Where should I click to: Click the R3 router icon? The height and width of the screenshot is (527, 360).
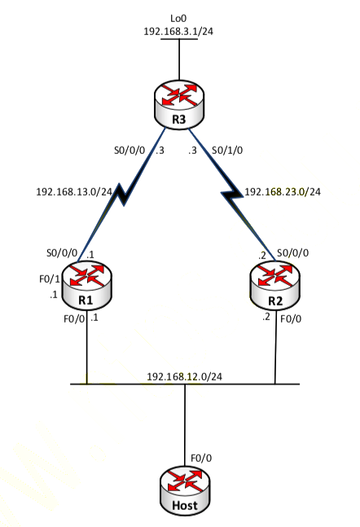coord(179,104)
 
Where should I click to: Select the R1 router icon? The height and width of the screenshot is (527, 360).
coord(87,285)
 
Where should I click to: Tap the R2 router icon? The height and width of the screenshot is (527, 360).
coord(275,285)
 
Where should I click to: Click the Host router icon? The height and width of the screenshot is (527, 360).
coord(185,490)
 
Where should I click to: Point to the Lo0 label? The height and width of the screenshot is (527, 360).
coord(178,18)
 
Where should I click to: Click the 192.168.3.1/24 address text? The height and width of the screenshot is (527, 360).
coord(178,31)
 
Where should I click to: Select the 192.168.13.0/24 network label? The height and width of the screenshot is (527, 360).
coord(74,192)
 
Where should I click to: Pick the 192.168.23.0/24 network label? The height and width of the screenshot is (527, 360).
coord(283,192)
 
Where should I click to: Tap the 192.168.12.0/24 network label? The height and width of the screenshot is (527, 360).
coord(185,376)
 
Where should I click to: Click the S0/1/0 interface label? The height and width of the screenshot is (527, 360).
coord(227,150)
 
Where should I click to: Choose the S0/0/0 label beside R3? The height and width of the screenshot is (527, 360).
coord(130,150)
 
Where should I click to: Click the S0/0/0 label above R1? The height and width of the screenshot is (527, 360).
coord(62,253)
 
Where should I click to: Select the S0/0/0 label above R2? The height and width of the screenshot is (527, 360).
coord(292,253)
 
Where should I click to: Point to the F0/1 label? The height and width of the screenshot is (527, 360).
coord(50,279)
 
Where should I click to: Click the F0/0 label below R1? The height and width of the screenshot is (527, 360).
coord(74,318)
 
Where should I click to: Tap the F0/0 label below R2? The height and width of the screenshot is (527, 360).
coord(291,318)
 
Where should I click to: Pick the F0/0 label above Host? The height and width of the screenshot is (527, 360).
coord(201,458)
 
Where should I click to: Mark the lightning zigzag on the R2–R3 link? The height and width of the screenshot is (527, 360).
coord(232,195)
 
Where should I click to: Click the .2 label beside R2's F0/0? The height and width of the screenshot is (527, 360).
coord(266,317)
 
